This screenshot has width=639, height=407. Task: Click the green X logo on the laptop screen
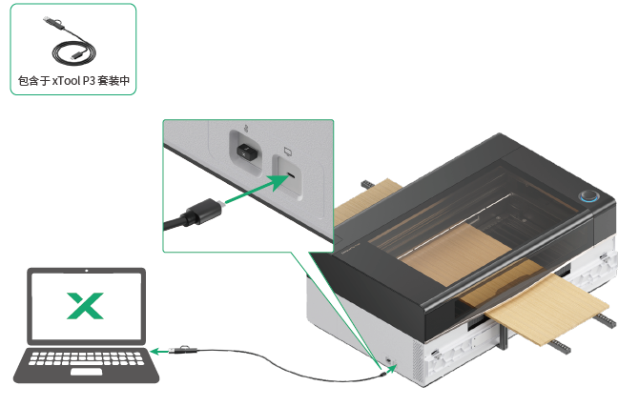[85, 305]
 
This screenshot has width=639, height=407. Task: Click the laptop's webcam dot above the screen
[86, 274]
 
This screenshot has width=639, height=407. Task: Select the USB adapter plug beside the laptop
[186, 351]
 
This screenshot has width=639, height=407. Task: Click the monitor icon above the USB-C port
[287, 151]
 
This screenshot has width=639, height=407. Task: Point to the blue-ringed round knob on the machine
[588, 197]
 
